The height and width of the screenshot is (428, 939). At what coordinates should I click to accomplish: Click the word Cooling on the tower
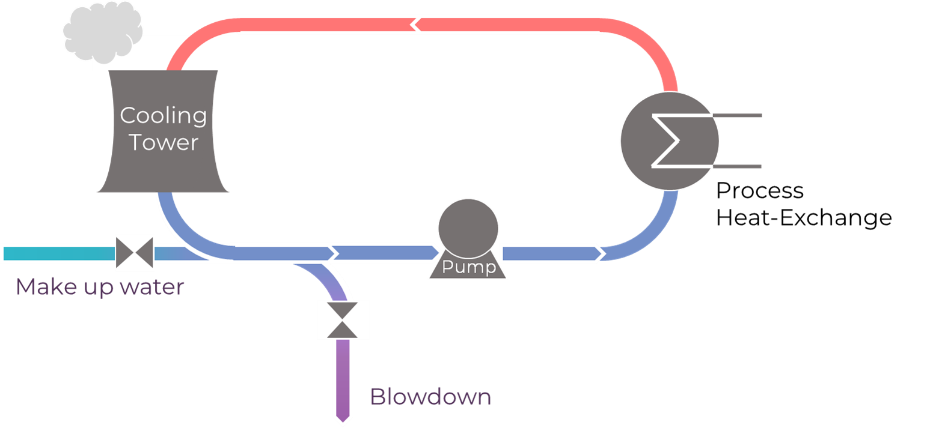tap(163, 116)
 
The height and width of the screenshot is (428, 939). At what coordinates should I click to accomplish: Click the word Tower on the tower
tap(163, 143)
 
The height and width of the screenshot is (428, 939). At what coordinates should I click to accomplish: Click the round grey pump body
tap(468, 228)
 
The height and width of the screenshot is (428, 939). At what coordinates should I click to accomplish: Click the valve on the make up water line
tap(135, 253)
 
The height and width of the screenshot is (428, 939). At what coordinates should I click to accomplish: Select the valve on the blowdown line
tap(343, 319)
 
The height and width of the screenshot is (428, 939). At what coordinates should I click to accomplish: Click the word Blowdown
tap(430, 397)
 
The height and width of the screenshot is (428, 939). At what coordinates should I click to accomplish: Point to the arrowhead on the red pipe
tap(415, 25)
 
